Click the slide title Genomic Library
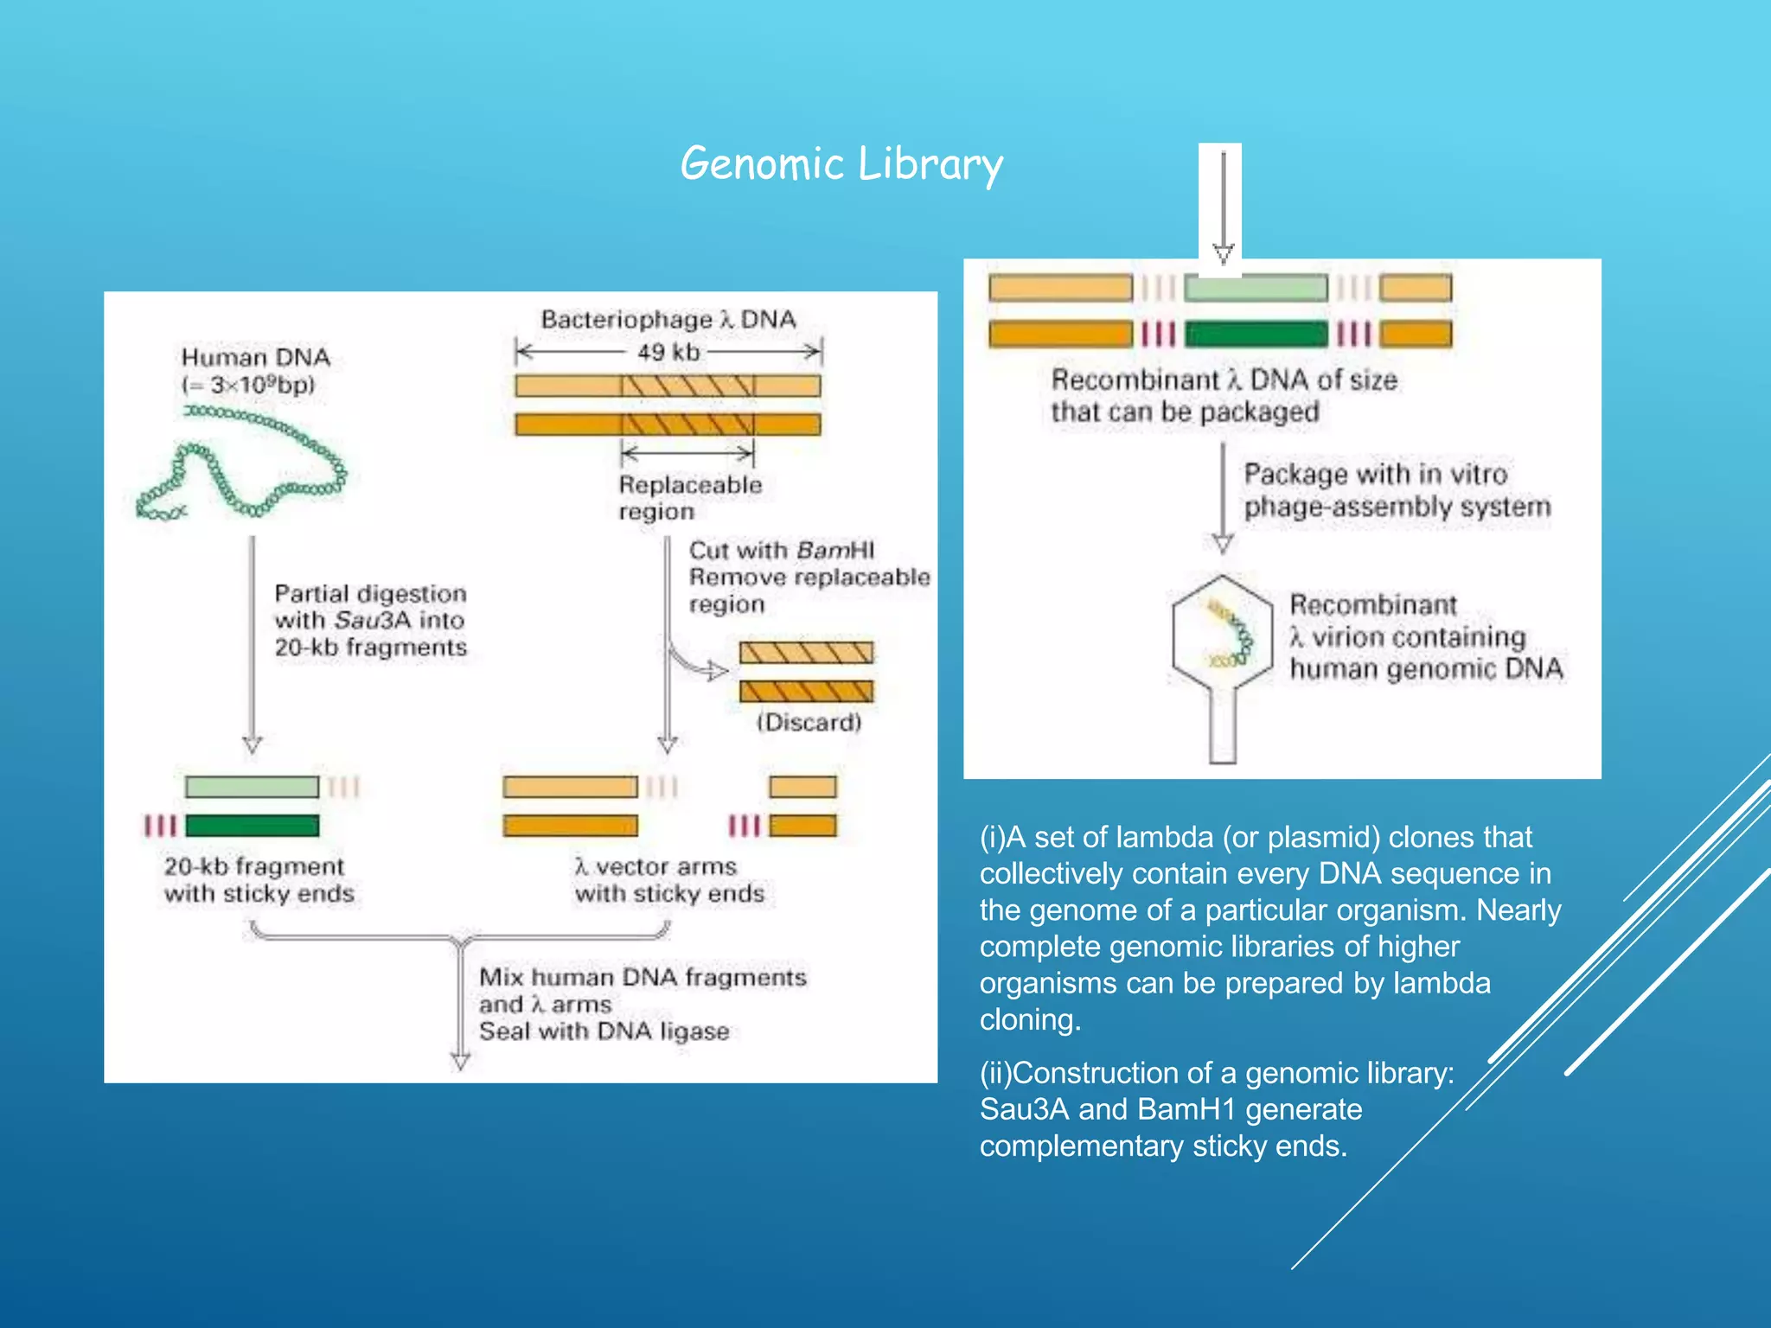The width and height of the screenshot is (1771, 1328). pyautogui.click(x=841, y=164)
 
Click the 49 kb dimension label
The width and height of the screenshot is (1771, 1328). pyautogui.click(x=668, y=353)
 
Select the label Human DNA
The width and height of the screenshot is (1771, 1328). pyautogui.click(x=255, y=357)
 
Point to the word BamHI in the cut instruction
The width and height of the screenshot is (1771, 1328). pyautogui.click(x=835, y=551)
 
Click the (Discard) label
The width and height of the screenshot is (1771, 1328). pyautogui.click(x=809, y=723)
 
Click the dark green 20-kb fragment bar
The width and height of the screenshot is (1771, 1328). pyautogui.click(x=252, y=826)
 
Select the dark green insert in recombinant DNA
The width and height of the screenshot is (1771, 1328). pyautogui.click(x=1255, y=334)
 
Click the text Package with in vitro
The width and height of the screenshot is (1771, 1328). pyautogui.click(x=1375, y=475)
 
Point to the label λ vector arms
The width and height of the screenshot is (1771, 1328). pyautogui.click(x=655, y=866)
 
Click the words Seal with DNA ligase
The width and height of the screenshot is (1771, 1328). pyautogui.click(x=604, y=1031)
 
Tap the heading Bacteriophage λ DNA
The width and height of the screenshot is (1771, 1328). pyautogui.click(x=668, y=320)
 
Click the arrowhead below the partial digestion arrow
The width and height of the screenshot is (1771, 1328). pyautogui.click(x=253, y=744)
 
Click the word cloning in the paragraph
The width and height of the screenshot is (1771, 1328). pyautogui.click(x=1029, y=1020)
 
